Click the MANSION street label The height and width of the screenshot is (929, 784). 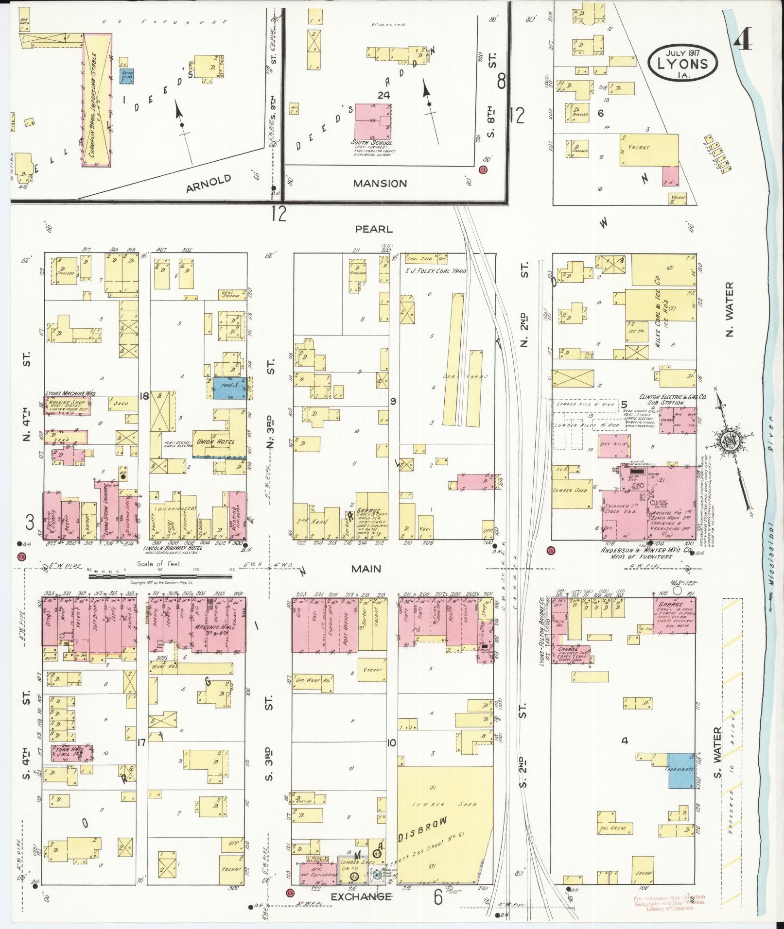coord(380,184)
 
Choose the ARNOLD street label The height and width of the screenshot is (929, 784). coord(208,184)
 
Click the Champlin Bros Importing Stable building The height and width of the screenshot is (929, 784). coord(97,101)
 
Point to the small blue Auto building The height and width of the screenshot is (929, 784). coord(127,75)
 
